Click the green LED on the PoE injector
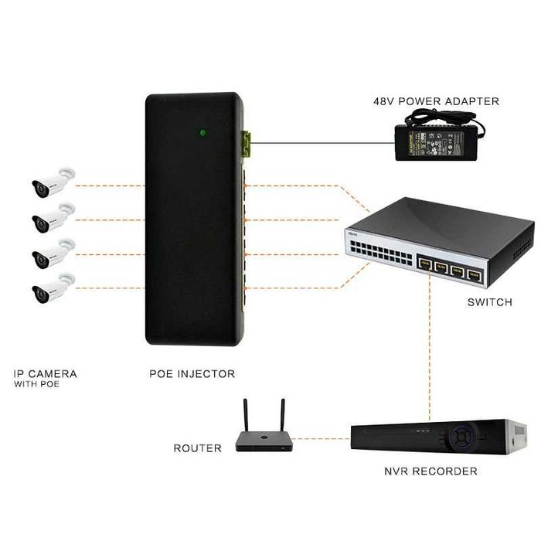coord(202,132)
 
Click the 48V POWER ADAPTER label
coord(436,101)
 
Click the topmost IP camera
coord(51,182)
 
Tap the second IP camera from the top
coord(51,218)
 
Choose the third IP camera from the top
coord(51,253)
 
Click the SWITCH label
coord(489,302)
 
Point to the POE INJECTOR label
coord(192,374)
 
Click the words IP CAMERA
coord(46,374)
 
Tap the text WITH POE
coord(36,383)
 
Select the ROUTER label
coord(197,448)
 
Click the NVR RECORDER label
coord(430,471)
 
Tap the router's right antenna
coord(281,417)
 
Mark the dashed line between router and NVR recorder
coord(322,439)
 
